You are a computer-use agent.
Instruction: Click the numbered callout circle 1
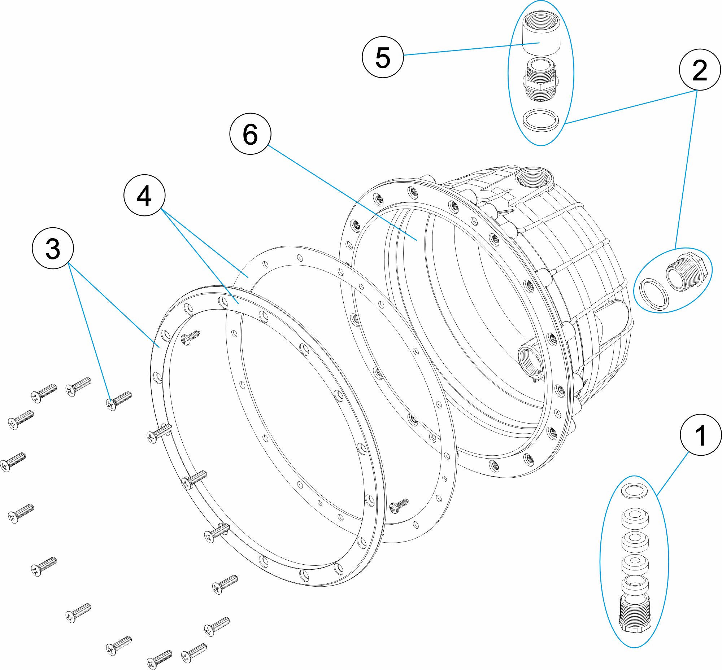700,435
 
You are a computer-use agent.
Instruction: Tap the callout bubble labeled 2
700,70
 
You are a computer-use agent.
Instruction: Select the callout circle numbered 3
53,248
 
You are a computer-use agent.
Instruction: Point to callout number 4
144,196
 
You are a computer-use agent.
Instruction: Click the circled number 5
383,57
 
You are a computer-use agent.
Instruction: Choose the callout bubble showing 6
250,134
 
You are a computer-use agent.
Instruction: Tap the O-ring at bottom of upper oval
540,120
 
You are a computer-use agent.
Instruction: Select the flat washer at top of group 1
635,491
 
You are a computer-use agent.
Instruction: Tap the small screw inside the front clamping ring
191,337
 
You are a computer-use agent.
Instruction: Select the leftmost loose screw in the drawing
13,462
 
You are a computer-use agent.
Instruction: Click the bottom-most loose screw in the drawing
160,660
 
